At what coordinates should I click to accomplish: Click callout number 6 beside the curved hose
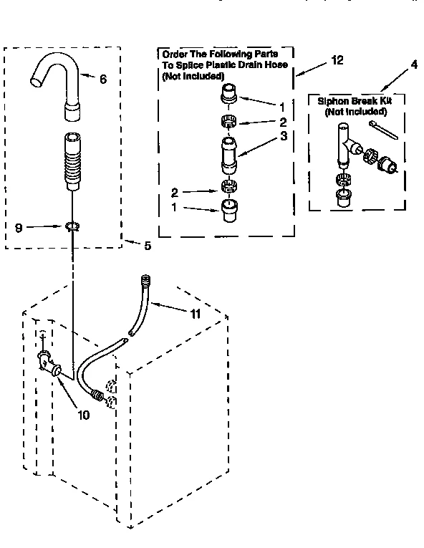pos(103,80)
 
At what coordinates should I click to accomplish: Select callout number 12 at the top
pos(337,61)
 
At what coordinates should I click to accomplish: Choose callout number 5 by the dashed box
pos(148,246)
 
